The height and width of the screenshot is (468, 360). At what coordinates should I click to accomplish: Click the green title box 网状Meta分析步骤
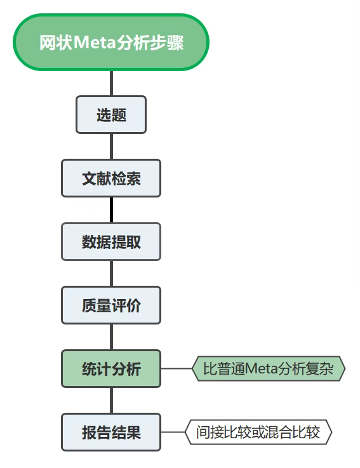[x=111, y=42]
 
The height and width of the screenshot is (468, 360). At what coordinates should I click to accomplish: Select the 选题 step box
[x=111, y=114]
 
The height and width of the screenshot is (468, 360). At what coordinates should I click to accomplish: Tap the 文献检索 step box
[x=111, y=178]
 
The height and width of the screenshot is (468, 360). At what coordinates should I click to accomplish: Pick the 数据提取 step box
[x=111, y=242]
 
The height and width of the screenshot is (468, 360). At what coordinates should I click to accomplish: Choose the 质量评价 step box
[x=111, y=305]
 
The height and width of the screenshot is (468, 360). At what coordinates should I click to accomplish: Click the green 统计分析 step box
[x=111, y=369]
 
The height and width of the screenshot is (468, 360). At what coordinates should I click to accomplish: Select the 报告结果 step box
[x=111, y=432]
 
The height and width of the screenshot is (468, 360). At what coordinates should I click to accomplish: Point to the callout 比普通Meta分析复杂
[x=269, y=368]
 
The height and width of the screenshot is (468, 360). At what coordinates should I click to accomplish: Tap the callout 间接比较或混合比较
[x=258, y=432]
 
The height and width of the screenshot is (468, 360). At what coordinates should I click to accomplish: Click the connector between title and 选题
[x=111, y=83]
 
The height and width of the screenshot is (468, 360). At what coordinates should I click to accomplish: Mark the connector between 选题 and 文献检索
[x=111, y=146]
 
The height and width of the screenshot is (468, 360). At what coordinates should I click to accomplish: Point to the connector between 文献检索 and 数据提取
[x=111, y=210]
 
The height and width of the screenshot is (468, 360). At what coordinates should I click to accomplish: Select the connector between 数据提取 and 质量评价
[x=111, y=274]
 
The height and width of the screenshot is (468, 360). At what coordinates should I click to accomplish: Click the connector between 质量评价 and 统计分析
[x=111, y=337]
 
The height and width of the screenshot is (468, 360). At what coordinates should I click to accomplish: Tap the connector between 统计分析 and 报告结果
[x=111, y=401]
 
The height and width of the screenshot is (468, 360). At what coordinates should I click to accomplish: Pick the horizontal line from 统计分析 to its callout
[x=177, y=368]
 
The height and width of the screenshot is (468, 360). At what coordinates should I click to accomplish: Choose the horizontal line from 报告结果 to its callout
[x=173, y=432]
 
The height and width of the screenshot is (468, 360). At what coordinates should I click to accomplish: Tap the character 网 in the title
[x=47, y=43]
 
